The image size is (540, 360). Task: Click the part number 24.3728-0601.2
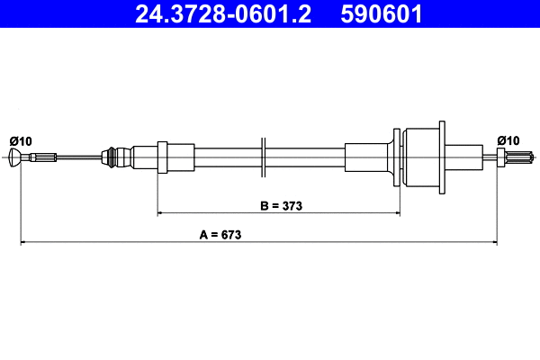pyautogui.click(x=220, y=14)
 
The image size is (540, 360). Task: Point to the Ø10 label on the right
pyautogui.click(x=508, y=140)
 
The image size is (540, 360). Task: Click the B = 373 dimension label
pyautogui.click(x=281, y=206)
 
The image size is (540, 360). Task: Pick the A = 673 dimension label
pyautogui.click(x=220, y=235)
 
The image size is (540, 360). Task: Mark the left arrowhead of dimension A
pyautogui.click(x=24, y=242)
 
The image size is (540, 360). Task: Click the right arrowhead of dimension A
pyautogui.click(x=493, y=242)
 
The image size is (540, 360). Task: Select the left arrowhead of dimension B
pyautogui.click(x=162, y=213)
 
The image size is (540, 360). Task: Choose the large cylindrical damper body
pyautogui.click(x=418, y=157)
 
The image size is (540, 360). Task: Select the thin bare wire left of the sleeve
pyautogui.click(x=81, y=159)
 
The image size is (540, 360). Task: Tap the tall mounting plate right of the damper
pyautogui.click(x=441, y=157)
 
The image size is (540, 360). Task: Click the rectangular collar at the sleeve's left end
pyautogui.click(x=163, y=158)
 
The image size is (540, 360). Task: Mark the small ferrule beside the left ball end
pyautogui.click(x=40, y=159)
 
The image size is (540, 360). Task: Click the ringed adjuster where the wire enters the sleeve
pyautogui.click(x=112, y=158)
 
